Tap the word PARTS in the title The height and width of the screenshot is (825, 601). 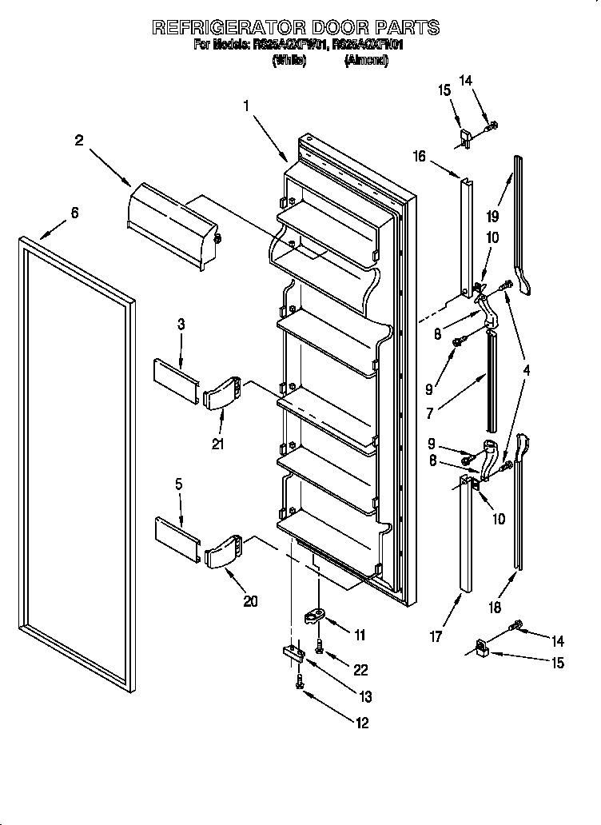tap(411, 28)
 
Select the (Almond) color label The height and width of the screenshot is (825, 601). tap(367, 61)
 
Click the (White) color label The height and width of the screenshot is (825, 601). tap(289, 61)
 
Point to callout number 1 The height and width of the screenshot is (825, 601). tap(247, 106)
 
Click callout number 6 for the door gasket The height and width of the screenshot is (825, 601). tap(74, 213)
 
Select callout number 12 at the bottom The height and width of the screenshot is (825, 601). tap(362, 723)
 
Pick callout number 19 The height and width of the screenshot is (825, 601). tap(493, 216)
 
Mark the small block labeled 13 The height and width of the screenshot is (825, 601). tap(293, 655)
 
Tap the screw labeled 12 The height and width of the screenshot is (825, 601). tap(300, 682)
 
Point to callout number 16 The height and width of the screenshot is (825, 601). tap(419, 157)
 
